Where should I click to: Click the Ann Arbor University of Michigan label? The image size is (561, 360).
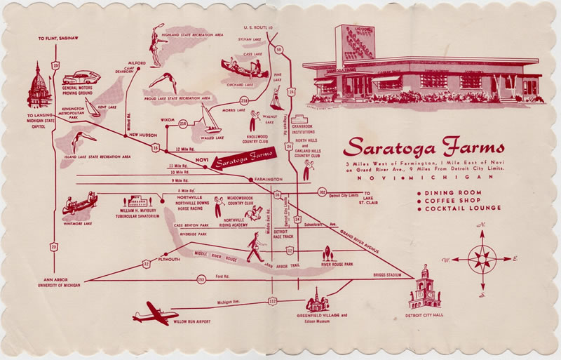point(50,284)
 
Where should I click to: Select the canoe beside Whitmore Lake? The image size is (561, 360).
point(81,206)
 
